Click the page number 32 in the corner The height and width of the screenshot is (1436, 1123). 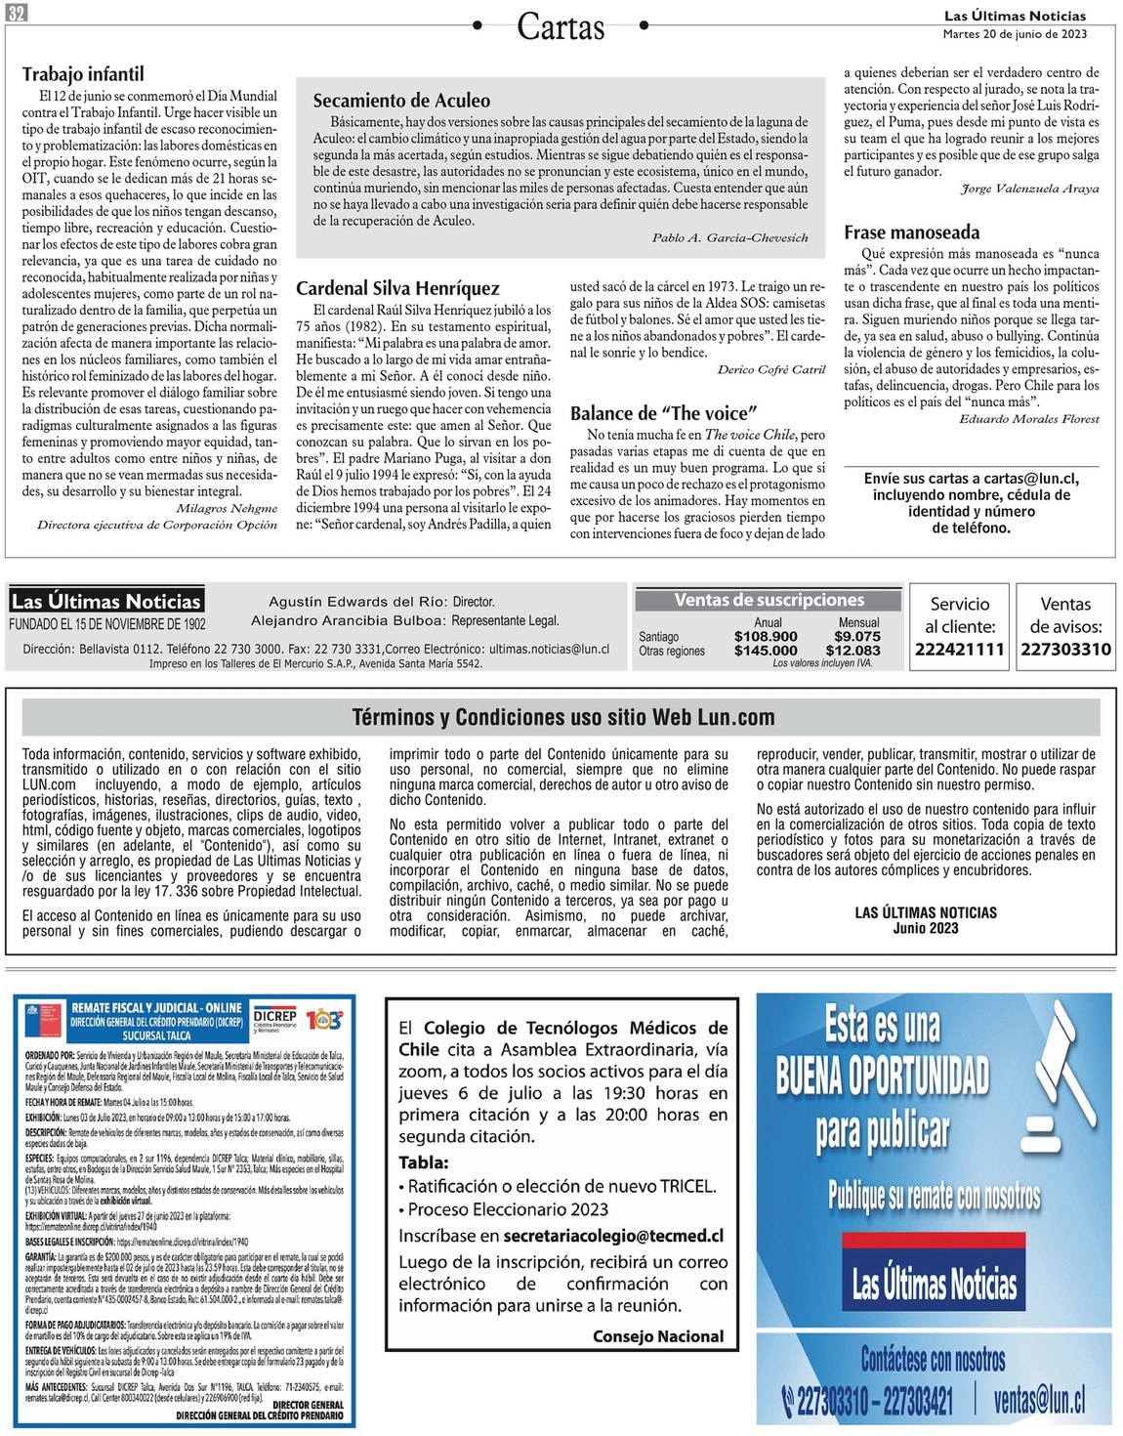pos(17,13)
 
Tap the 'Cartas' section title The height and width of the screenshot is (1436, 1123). pos(561,27)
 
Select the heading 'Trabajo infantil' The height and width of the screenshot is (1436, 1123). pos(83,74)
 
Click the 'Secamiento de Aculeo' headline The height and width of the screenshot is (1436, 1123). pos(401,101)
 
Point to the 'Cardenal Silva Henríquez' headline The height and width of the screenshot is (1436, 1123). pos(397,288)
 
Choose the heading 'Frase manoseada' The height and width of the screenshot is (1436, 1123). pos(911,232)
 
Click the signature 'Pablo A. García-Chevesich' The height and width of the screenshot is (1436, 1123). pos(729,237)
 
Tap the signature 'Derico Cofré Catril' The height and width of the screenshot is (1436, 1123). pos(771,369)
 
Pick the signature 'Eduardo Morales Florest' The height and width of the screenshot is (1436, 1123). pos(1028,419)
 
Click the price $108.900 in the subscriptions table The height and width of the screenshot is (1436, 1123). pos(766,636)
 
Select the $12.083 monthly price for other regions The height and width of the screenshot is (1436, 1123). pos(853,651)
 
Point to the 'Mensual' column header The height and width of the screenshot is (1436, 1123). pos(858,622)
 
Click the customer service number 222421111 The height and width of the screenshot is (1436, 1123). pos(959,650)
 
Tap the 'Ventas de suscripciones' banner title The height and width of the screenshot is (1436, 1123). pos(769,601)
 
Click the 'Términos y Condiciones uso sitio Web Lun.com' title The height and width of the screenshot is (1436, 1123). pos(563,718)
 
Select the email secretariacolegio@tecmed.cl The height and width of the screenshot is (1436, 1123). pos(613,1236)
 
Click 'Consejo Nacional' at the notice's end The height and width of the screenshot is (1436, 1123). pos(658,1336)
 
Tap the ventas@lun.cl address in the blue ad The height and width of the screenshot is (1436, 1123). pos(1038,1401)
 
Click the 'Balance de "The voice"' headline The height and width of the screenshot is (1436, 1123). pos(663,413)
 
